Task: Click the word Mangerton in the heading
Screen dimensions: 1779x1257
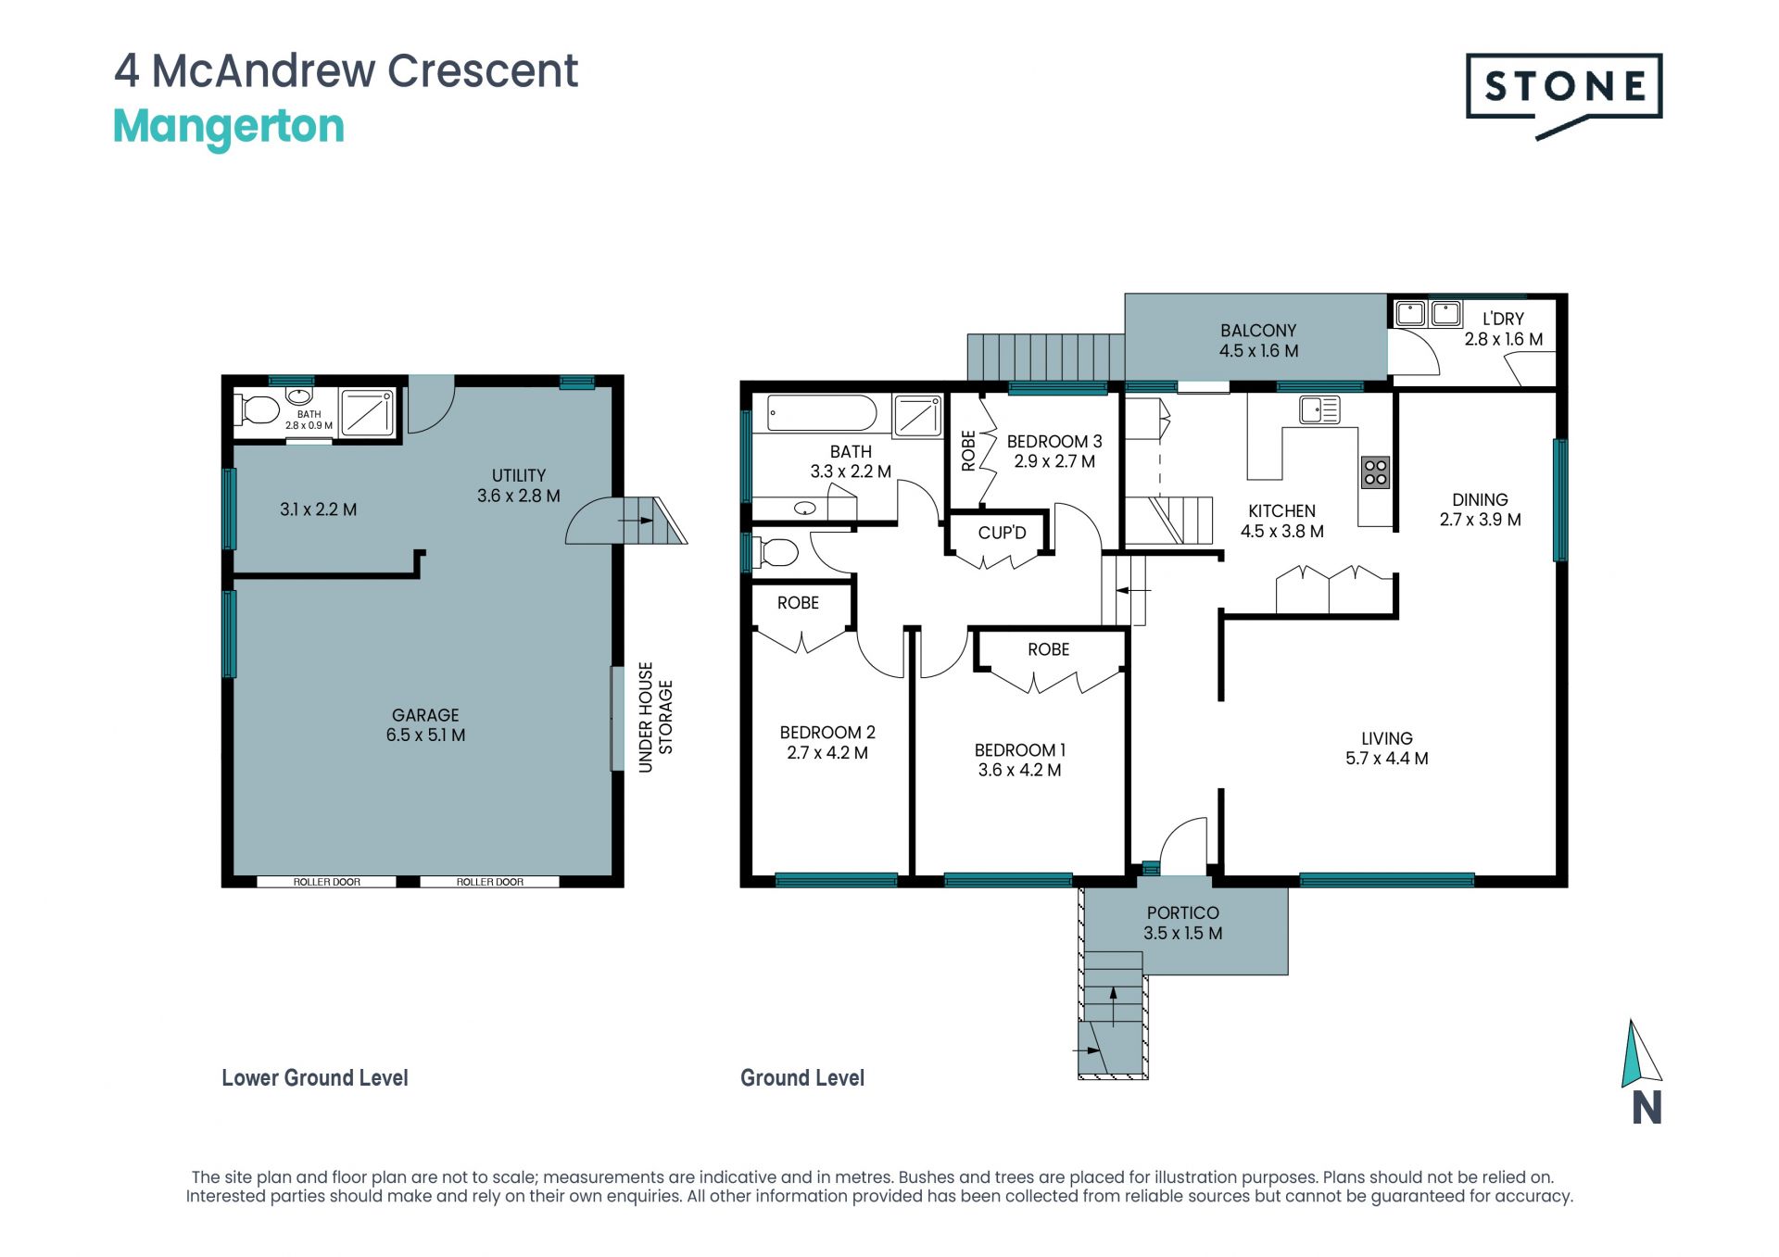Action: click(229, 127)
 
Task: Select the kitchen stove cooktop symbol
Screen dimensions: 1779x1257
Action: click(1375, 472)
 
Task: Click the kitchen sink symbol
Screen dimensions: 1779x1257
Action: click(1319, 409)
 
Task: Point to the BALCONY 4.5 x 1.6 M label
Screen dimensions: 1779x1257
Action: click(1258, 341)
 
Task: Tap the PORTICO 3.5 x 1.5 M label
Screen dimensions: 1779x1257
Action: click(1183, 923)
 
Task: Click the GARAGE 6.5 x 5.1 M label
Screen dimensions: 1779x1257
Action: click(425, 725)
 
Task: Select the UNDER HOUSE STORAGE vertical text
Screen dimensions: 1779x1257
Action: click(655, 717)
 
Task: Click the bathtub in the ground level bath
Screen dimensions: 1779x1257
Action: click(822, 413)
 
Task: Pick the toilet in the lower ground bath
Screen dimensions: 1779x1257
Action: click(259, 409)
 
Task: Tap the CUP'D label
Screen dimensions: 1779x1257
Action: click(1002, 533)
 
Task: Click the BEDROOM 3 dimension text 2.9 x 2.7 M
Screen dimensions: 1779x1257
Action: click(1054, 461)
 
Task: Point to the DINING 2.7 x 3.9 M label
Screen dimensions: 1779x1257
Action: click(1480, 509)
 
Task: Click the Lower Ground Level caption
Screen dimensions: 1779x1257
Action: click(315, 1078)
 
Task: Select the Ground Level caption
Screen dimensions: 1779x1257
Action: click(802, 1078)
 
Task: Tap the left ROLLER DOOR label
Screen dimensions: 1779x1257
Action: click(327, 882)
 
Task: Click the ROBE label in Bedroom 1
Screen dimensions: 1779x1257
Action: click(1049, 649)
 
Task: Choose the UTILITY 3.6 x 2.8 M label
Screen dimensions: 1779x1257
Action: click(519, 485)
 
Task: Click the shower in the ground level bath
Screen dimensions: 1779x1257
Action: click(917, 416)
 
